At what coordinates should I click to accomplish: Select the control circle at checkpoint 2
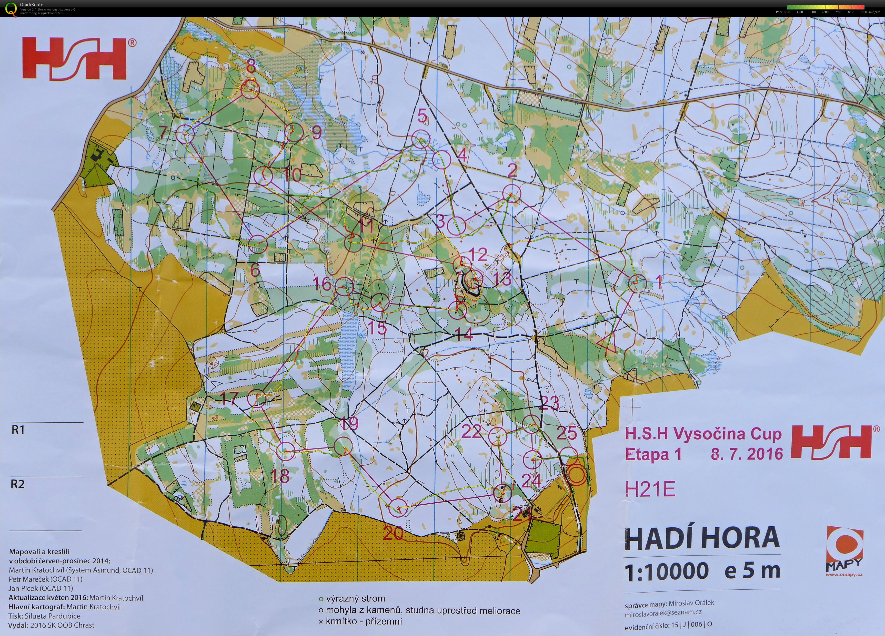(x=511, y=193)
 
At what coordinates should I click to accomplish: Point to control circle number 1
(x=638, y=284)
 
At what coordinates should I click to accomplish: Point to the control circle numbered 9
(x=294, y=133)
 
